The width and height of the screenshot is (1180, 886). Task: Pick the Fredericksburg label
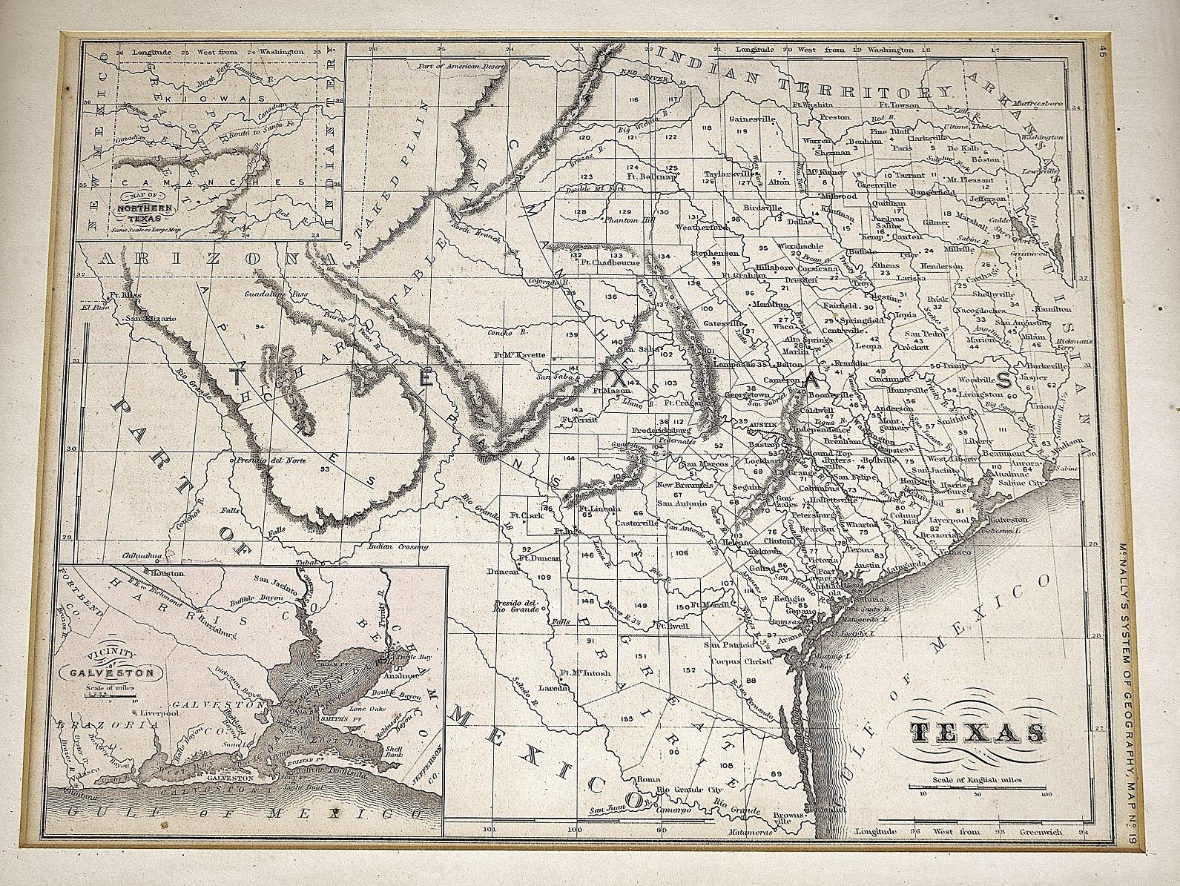(x=661, y=430)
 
